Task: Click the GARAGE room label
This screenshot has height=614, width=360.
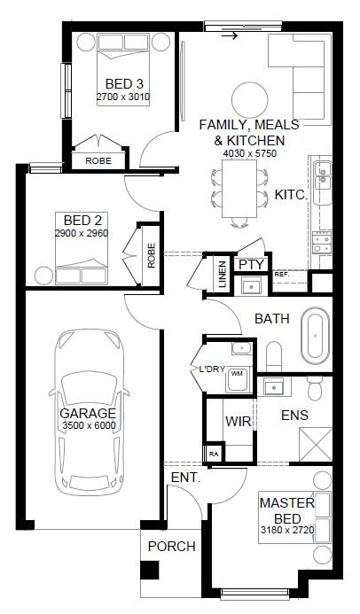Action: [x=88, y=413]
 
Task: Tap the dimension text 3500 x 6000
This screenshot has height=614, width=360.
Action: [x=89, y=425]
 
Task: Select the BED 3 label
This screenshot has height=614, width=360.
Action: [x=124, y=84]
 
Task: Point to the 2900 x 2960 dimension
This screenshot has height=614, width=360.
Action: [x=82, y=233]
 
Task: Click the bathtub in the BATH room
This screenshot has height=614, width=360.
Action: [x=316, y=335]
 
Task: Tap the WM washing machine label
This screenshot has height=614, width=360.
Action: [x=237, y=374]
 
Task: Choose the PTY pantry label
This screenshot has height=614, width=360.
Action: [x=252, y=265]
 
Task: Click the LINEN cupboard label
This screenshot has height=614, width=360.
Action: [x=222, y=275]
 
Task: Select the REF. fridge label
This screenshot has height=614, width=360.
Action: [x=281, y=275]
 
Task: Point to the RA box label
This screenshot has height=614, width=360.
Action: [x=214, y=454]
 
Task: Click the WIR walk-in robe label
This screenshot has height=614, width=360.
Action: [x=239, y=422]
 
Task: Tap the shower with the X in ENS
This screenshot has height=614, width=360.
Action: [x=316, y=445]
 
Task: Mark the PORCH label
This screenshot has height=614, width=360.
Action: [x=172, y=546]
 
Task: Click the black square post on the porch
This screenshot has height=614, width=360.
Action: [x=150, y=571]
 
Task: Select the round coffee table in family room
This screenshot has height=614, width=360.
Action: [x=250, y=100]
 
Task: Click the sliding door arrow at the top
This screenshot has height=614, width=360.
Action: [x=230, y=36]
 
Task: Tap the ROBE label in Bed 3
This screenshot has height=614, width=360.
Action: [x=98, y=161]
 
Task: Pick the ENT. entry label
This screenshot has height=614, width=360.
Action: [x=186, y=478]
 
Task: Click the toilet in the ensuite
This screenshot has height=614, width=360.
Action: [x=315, y=388]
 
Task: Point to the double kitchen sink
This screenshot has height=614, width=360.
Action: [x=323, y=175]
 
